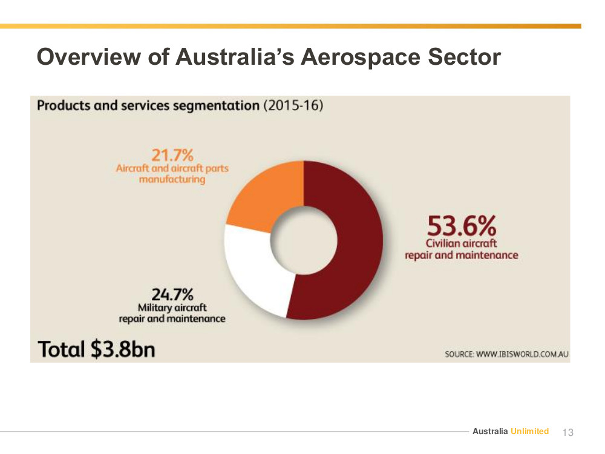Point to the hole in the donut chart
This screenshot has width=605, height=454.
pos(304,240)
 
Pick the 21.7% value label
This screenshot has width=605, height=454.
pos(172,155)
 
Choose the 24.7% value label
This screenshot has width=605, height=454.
pos(172,295)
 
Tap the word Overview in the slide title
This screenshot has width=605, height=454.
pos(89,56)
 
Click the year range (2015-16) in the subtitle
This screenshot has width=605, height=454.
pos(293,105)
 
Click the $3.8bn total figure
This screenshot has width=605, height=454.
pos(123,349)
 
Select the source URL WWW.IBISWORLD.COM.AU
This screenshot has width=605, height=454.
pos(523,354)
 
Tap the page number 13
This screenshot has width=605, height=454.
pos(568,432)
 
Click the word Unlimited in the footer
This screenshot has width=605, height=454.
pos(529,431)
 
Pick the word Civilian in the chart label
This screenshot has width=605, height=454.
pos(443,243)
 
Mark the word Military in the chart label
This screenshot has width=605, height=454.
pos(154,308)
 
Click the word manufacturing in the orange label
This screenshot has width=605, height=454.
pos(172,180)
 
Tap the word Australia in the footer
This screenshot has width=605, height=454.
pos(490,431)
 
